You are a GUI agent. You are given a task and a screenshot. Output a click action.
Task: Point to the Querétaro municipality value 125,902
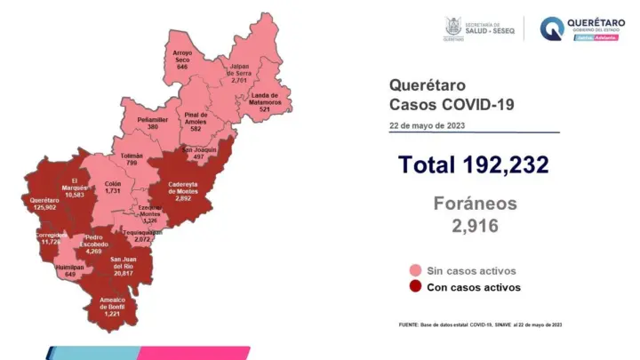[44, 207]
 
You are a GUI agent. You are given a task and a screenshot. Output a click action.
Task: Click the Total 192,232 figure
[473, 165]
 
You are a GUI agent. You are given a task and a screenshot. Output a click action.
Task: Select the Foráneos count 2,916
[474, 227]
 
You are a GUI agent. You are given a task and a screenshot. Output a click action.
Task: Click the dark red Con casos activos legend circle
[415, 287]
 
